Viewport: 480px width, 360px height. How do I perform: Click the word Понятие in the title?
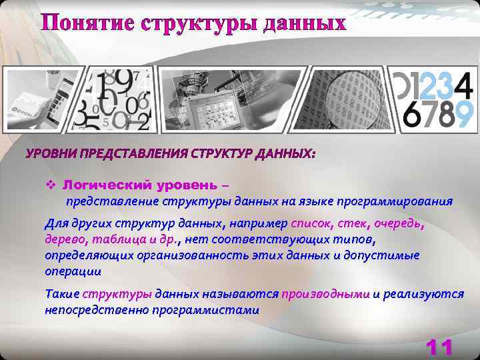88,23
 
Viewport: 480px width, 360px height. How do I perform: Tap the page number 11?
439,347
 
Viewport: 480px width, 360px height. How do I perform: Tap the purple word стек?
351,223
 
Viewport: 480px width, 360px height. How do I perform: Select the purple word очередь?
398,223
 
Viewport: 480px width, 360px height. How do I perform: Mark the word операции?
73,271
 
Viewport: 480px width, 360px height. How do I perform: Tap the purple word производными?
325,294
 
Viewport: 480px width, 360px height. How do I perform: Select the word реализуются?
424,294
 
